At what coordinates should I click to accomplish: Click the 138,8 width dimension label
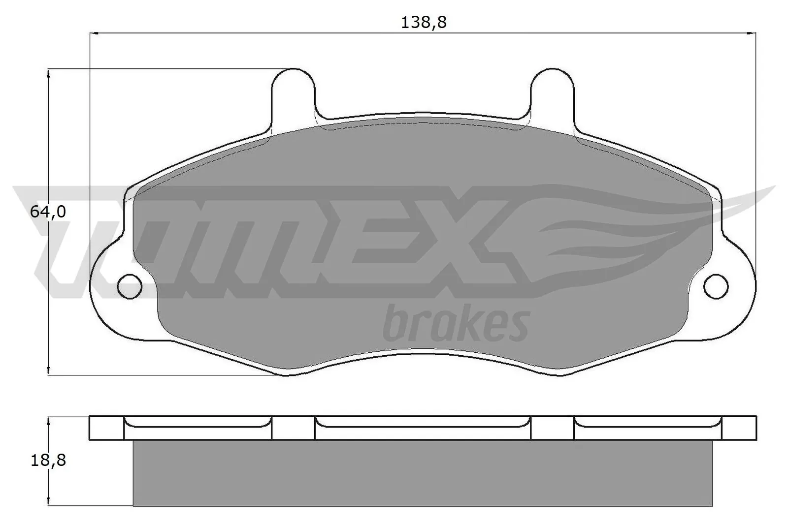coord(423,23)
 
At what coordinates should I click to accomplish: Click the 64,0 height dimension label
coord(48,212)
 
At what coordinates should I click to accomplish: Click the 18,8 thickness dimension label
coord(48,461)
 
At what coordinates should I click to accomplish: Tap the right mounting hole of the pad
coord(716,285)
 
